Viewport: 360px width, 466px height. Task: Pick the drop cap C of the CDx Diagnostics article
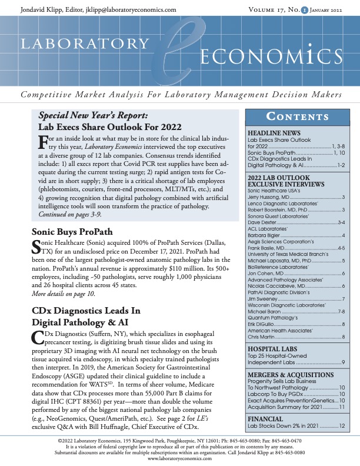coord(36,339)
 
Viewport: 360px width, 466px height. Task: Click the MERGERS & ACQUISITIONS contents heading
coord(291,375)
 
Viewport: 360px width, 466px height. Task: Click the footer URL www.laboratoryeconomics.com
coord(180,458)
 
